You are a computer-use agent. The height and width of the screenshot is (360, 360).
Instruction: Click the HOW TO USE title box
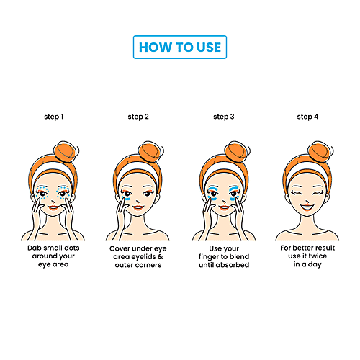pyautogui.click(x=180, y=48)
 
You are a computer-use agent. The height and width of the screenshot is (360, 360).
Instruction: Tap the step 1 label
pyautogui.click(x=53, y=116)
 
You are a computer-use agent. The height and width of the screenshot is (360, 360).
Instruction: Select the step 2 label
pyautogui.click(x=139, y=116)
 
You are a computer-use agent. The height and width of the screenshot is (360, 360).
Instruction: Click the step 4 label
pyautogui.click(x=308, y=116)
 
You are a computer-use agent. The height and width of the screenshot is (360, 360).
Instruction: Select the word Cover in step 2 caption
pyautogui.click(x=120, y=248)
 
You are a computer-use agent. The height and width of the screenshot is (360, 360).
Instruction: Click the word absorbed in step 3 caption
pyautogui.click(x=240, y=264)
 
